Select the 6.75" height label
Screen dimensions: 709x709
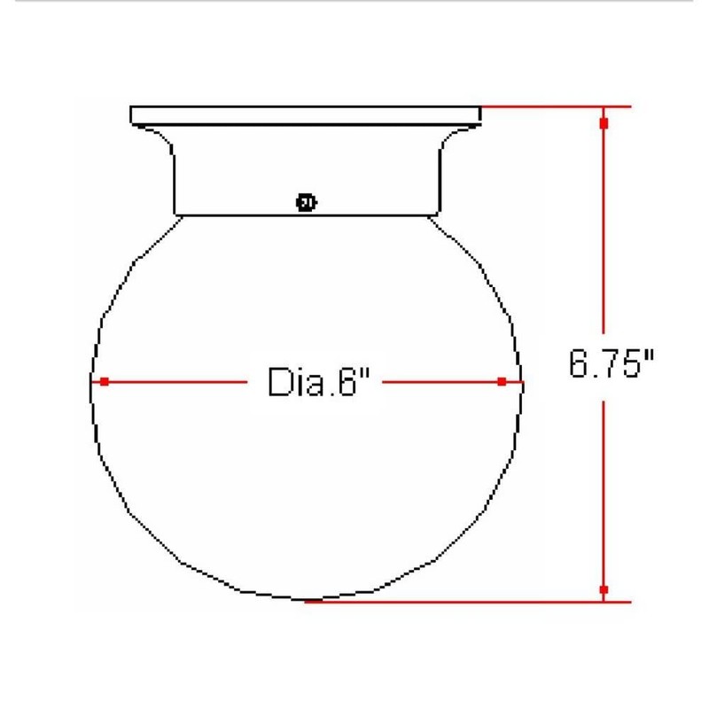tap(612, 365)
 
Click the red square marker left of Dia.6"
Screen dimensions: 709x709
tap(105, 382)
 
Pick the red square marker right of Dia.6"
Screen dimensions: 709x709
tap(502, 382)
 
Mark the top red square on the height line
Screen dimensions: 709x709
tap(604, 123)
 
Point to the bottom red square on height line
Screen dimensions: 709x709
tap(604, 589)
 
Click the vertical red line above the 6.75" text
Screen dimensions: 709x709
tap(604, 230)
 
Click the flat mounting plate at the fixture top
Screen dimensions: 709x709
tap(307, 115)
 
